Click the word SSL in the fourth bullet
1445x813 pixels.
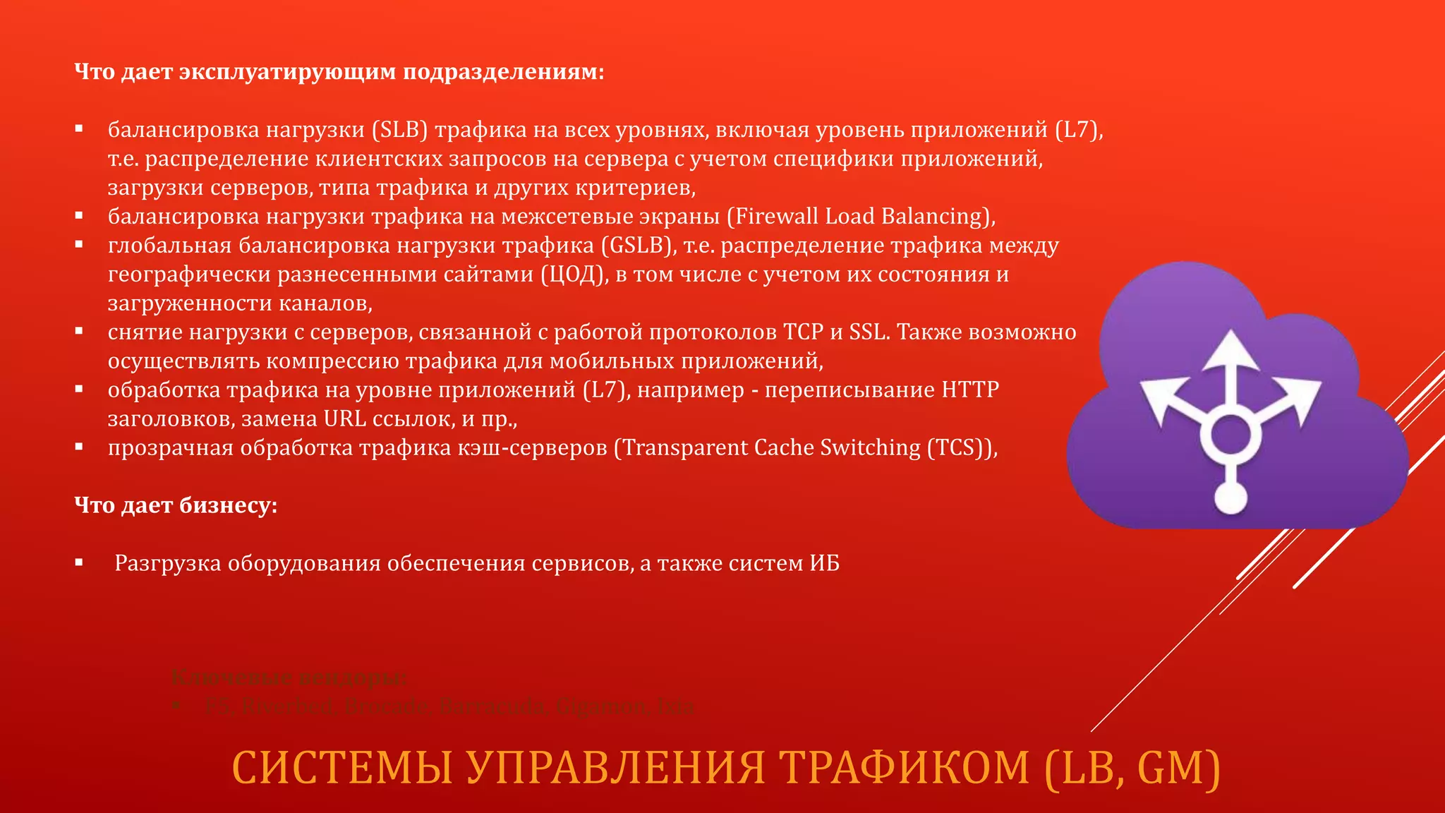tap(869, 332)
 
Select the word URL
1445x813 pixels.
tap(345, 419)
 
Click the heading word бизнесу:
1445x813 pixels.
tap(229, 505)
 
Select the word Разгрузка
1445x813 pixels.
tap(168, 563)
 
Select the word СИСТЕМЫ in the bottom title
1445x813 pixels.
tap(342, 768)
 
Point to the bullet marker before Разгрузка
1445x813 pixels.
tap(80, 563)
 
